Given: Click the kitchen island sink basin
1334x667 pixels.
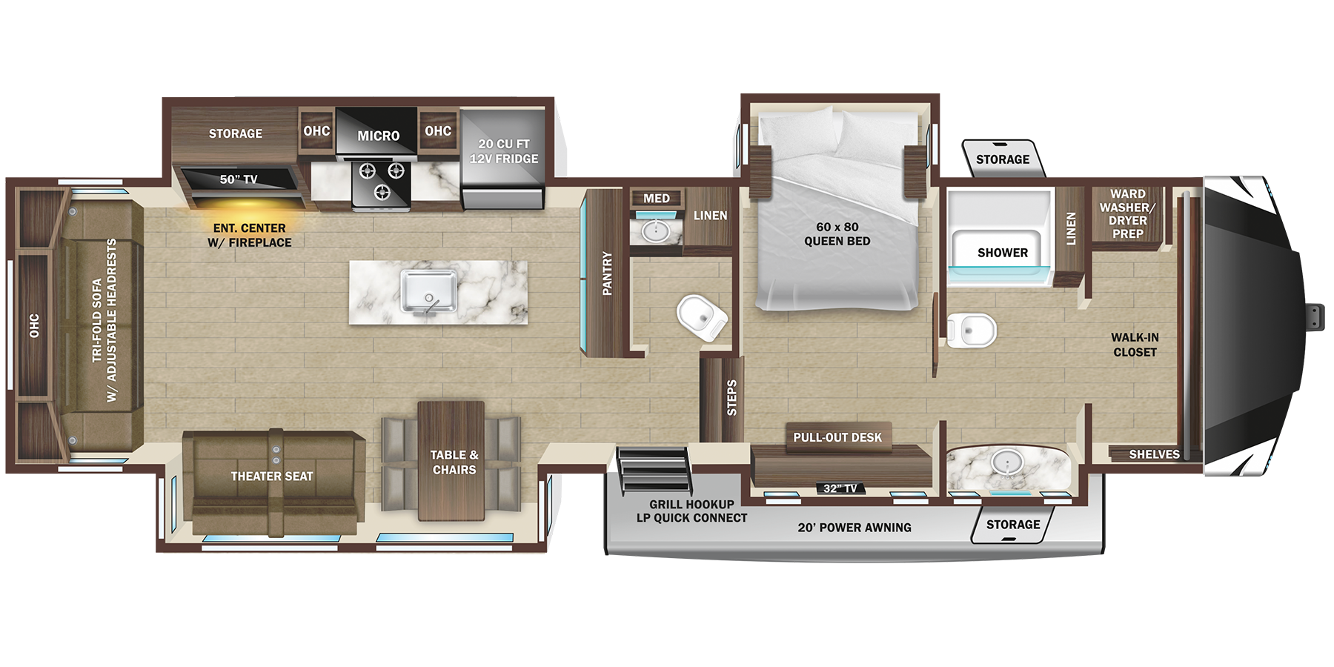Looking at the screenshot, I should click(428, 291).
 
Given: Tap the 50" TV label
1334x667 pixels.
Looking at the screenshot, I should click(239, 179).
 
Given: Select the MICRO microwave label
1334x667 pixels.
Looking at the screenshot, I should click(378, 136).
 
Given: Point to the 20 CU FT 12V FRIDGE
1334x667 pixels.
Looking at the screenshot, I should click(504, 152).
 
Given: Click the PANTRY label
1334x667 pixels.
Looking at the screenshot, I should click(608, 273).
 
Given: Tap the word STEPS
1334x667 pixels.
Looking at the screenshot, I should click(732, 398).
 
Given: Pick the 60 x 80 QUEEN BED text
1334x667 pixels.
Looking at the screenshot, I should click(837, 234).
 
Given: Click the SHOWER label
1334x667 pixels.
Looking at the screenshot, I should click(1002, 253).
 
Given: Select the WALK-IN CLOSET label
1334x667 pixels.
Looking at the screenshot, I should click(1135, 345).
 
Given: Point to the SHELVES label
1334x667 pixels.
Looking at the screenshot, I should click(1154, 454).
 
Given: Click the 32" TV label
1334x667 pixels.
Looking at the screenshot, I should click(840, 488).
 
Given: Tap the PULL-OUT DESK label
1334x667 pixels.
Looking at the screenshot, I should click(837, 437).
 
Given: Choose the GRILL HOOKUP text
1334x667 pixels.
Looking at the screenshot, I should click(691, 505).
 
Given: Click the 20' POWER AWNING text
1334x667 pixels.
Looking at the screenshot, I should click(855, 528).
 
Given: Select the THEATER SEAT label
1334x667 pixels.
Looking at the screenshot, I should click(272, 477).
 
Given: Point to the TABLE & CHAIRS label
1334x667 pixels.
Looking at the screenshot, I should click(454, 462).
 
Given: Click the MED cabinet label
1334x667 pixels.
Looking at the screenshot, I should click(656, 199).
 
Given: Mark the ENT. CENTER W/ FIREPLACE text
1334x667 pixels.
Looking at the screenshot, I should click(250, 236).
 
